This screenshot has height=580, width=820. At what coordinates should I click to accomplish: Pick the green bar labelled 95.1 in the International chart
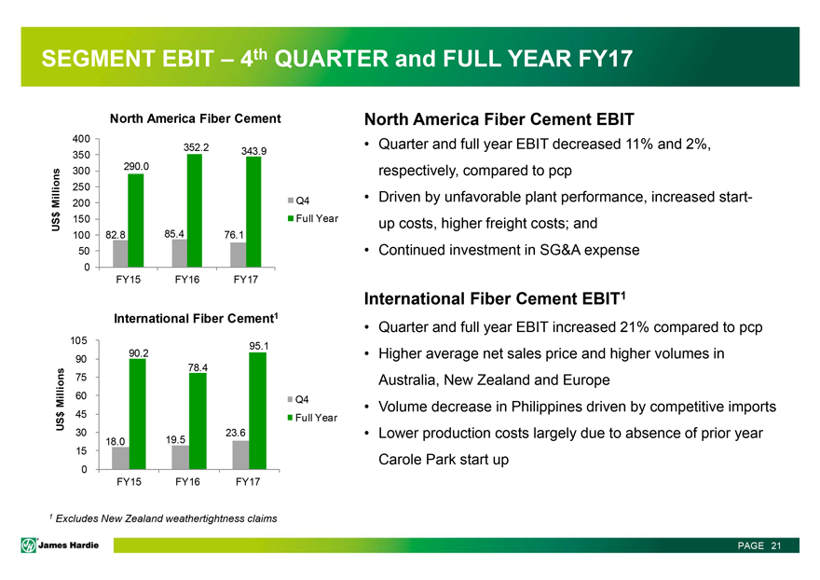[258, 410]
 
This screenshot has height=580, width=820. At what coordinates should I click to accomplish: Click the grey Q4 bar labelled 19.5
[181, 457]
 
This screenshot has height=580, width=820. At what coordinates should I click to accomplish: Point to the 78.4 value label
[198, 366]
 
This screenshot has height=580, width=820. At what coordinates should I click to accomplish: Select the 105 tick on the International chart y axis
[80, 340]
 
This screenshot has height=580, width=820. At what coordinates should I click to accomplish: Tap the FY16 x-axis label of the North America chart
[186, 279]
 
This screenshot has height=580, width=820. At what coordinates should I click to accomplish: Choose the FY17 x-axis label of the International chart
[247, 481]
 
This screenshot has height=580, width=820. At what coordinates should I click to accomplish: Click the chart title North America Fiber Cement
[196, 118]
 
